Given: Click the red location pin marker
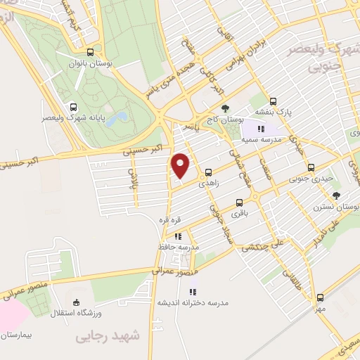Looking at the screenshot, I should tap(181, 165).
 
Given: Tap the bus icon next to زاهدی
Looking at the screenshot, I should tap(208, 172).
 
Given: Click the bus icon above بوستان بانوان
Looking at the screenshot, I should tap(90, 51).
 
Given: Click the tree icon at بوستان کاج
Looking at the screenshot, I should tap(224, 108).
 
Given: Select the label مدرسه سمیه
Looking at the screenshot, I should tap(262, 139).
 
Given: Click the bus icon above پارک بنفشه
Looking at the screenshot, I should tap(273, 101).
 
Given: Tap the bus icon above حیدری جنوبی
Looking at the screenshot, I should tap(311, 168).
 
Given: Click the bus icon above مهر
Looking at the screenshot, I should tap(320, 297).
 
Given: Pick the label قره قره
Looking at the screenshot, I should tap(169, 219).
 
